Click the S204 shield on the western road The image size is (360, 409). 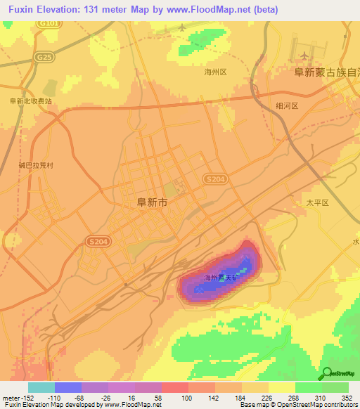point(98,241)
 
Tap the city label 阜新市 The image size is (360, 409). point(151,202)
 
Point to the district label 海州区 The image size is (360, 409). point(215,72)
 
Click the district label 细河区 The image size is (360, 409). point(288,105)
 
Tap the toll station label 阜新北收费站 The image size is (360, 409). point(31,100)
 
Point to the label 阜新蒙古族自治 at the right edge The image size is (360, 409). point(326,72)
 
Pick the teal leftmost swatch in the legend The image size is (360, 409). point(41,387)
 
